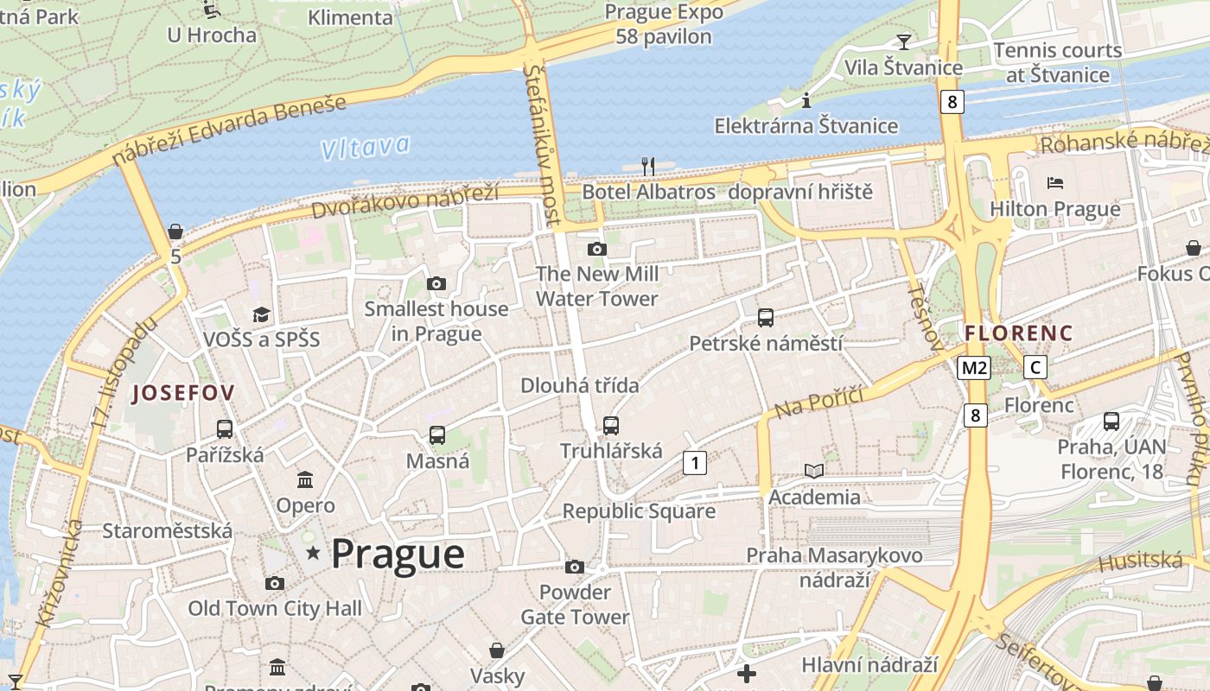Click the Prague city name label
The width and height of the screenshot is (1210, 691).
click(x=398, y=555)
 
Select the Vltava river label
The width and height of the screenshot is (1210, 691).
click(x=365, y=148)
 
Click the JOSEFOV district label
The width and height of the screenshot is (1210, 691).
click(x=182, y=394)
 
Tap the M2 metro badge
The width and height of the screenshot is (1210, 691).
click(x=974, y=368)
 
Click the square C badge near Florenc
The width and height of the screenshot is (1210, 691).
click(x=1035, y=367)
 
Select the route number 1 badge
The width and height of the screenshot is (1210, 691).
click(x=694, y=463)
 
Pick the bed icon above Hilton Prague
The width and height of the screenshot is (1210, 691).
click(x=1054, y=183)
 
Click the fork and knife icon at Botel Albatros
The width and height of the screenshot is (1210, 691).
click(x=648, y=165)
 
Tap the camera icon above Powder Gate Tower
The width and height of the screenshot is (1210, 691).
click(x=575, y=567)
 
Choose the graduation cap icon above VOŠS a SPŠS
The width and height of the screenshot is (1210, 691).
click(x=261, y=314)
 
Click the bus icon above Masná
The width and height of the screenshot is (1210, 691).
click(x=437, y=435)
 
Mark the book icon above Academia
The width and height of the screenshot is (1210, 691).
click(x=814, y=471)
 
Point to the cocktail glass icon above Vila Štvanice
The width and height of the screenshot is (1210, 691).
click(x=903, y=41)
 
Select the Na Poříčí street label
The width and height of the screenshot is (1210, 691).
click(x=820, y=402)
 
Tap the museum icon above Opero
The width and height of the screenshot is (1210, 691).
click(x=305, y=479)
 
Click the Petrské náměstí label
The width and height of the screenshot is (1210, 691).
click(x=766, y=344)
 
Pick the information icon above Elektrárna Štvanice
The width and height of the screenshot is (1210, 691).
click(x=806, y=100)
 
